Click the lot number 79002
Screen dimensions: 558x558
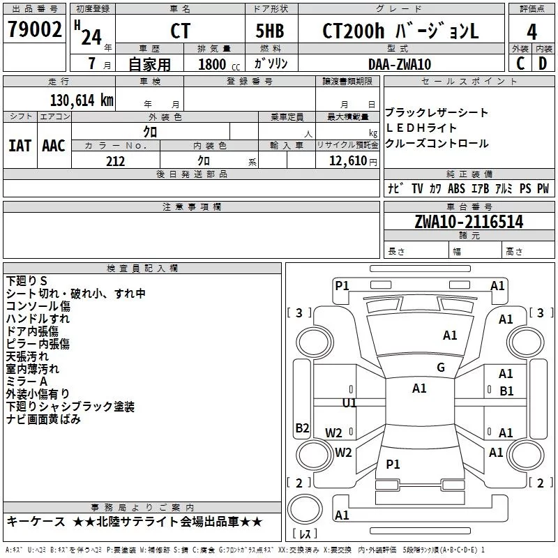[34, 29]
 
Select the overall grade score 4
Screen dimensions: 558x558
[531, 32]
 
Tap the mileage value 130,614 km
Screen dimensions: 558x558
[82, 100]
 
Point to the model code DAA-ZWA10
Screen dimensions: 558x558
[400, 64]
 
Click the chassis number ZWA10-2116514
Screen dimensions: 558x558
[469, 222]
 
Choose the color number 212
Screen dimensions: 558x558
[116, 161]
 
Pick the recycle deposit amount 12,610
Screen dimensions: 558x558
[347, 161]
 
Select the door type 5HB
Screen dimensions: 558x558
[270, 31]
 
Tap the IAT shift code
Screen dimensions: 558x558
[20, 146]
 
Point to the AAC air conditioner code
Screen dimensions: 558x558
[54, 146]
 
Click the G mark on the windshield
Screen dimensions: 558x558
[441, 368]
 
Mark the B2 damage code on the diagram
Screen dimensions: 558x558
[303, 428]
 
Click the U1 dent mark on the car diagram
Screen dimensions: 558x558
[349, 403]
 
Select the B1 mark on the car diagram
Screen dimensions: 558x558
[506, 391]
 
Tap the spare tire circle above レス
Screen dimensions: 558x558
[305, 509]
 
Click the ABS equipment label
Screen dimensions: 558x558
[456, 188]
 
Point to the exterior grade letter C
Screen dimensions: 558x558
[520, 63]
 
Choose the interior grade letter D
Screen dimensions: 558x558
[543, 63]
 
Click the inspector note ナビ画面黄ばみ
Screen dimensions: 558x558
[43, 419]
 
